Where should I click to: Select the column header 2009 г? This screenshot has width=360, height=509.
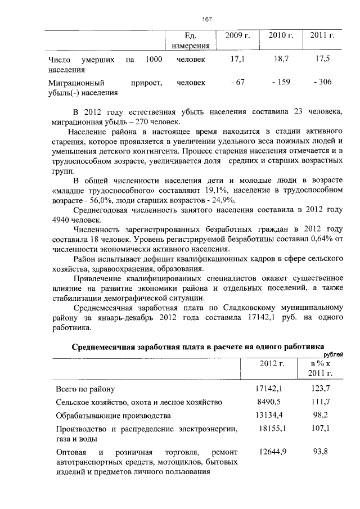tap(237, 36)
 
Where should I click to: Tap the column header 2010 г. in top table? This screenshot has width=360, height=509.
tap(281, 36)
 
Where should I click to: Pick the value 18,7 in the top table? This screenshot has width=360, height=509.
tap(281, 59)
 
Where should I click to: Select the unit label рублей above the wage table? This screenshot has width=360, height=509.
tap(332, 354)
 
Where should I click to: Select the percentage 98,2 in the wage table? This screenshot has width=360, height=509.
tap(321, 416)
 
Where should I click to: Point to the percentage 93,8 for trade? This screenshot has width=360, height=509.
tap(321, 452)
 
